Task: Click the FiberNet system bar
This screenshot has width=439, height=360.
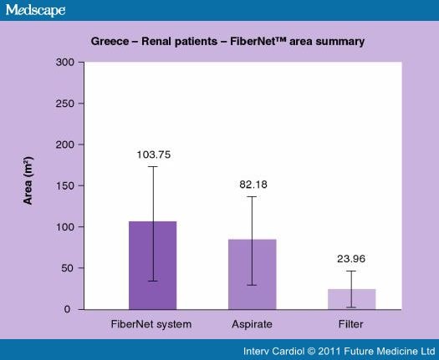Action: (152, 266)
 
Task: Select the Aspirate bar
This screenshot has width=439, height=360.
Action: (252, 274)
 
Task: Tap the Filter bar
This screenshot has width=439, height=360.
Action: (351, 299)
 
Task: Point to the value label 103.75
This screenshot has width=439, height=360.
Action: (153, 155)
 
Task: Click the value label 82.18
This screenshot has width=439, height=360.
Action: (252, 185)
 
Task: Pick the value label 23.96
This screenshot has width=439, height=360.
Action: (351, 259)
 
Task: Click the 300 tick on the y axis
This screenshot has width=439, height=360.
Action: (65, 63)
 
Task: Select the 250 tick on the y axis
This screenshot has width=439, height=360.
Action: (65, 104)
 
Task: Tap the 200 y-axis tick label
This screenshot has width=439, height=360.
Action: (65, 145)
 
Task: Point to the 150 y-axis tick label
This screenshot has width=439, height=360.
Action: (65, 185)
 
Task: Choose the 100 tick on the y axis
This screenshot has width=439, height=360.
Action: (65, 227)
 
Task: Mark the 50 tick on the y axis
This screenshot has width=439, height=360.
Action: (68, 268)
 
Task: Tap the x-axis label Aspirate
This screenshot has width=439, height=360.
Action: (252, 323)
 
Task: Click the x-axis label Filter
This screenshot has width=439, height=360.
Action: (351, 323)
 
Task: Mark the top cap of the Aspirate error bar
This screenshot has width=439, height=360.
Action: (252, 196)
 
